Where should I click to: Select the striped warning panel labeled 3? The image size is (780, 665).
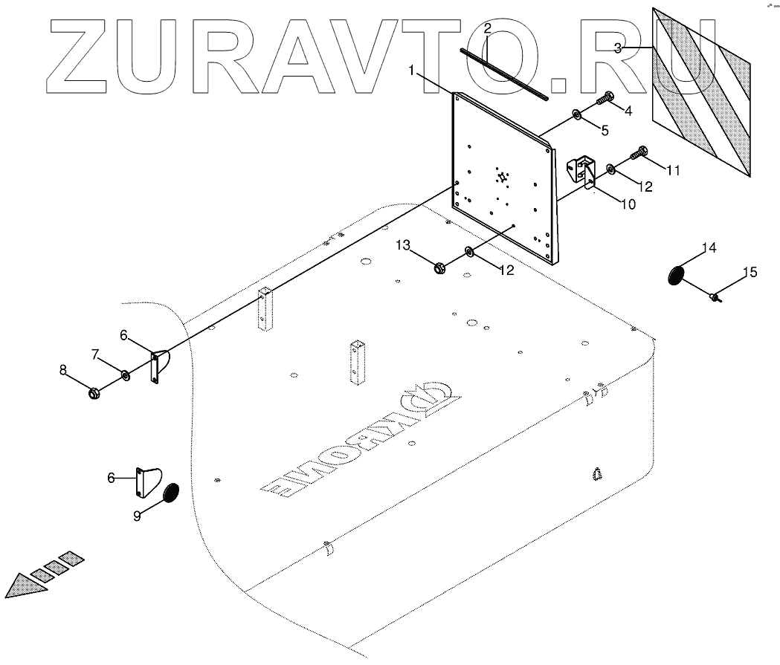pos(701,93)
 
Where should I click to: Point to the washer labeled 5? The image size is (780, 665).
pos(577,114)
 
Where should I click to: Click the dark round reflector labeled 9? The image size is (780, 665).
pos(171,493)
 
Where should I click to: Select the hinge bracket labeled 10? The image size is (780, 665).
pos(584,175)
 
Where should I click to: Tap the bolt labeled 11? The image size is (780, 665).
pos(639,154)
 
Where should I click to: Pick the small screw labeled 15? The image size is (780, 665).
pos(715,298)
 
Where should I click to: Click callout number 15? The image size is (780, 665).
pos(750,273)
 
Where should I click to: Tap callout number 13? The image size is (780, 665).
pos(402,245)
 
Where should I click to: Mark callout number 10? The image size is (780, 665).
pos(628,204)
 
